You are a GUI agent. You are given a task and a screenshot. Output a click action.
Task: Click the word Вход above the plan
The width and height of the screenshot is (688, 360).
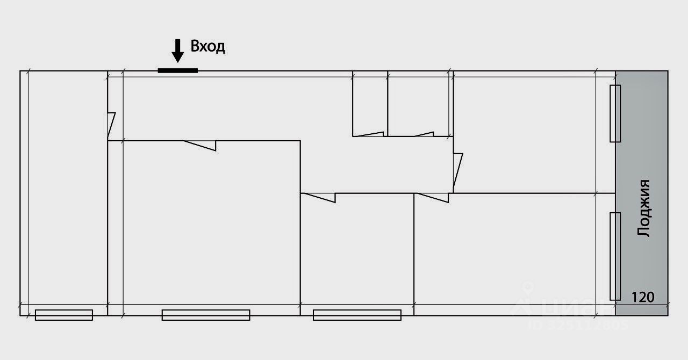(x=208, y=47)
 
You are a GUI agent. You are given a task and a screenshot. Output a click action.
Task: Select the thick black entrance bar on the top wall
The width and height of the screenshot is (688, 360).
(x=177, y=70)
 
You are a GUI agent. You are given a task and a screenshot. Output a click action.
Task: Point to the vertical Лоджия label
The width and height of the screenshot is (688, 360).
(x=643, y=208)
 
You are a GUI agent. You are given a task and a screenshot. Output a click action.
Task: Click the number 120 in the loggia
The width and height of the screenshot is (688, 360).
(x=642, y=297)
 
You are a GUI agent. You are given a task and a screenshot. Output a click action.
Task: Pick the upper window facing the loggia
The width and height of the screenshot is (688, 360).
(x=615, y=113)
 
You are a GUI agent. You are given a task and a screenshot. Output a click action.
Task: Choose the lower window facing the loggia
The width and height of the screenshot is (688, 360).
(x=615, y=256)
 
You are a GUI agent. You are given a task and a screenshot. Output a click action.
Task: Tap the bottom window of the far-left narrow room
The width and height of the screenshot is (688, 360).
(x=63, y=315)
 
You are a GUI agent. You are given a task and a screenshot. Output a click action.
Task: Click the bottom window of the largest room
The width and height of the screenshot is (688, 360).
(x=206, y=315)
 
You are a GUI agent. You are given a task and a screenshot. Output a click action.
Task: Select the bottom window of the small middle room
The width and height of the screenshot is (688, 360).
(x=357, y=315)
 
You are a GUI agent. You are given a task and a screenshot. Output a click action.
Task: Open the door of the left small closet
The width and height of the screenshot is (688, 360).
(x=369, y=134)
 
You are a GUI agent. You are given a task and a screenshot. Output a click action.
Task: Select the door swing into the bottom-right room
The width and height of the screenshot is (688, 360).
(x=432, y=197)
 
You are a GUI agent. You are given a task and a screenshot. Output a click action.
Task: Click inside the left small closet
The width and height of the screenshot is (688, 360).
(x=370, y=105)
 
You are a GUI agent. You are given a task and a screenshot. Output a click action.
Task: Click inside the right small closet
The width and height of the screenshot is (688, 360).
(x=418, y=105)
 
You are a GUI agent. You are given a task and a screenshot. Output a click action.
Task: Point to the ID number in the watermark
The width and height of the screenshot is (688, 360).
(x=577, y=325)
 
